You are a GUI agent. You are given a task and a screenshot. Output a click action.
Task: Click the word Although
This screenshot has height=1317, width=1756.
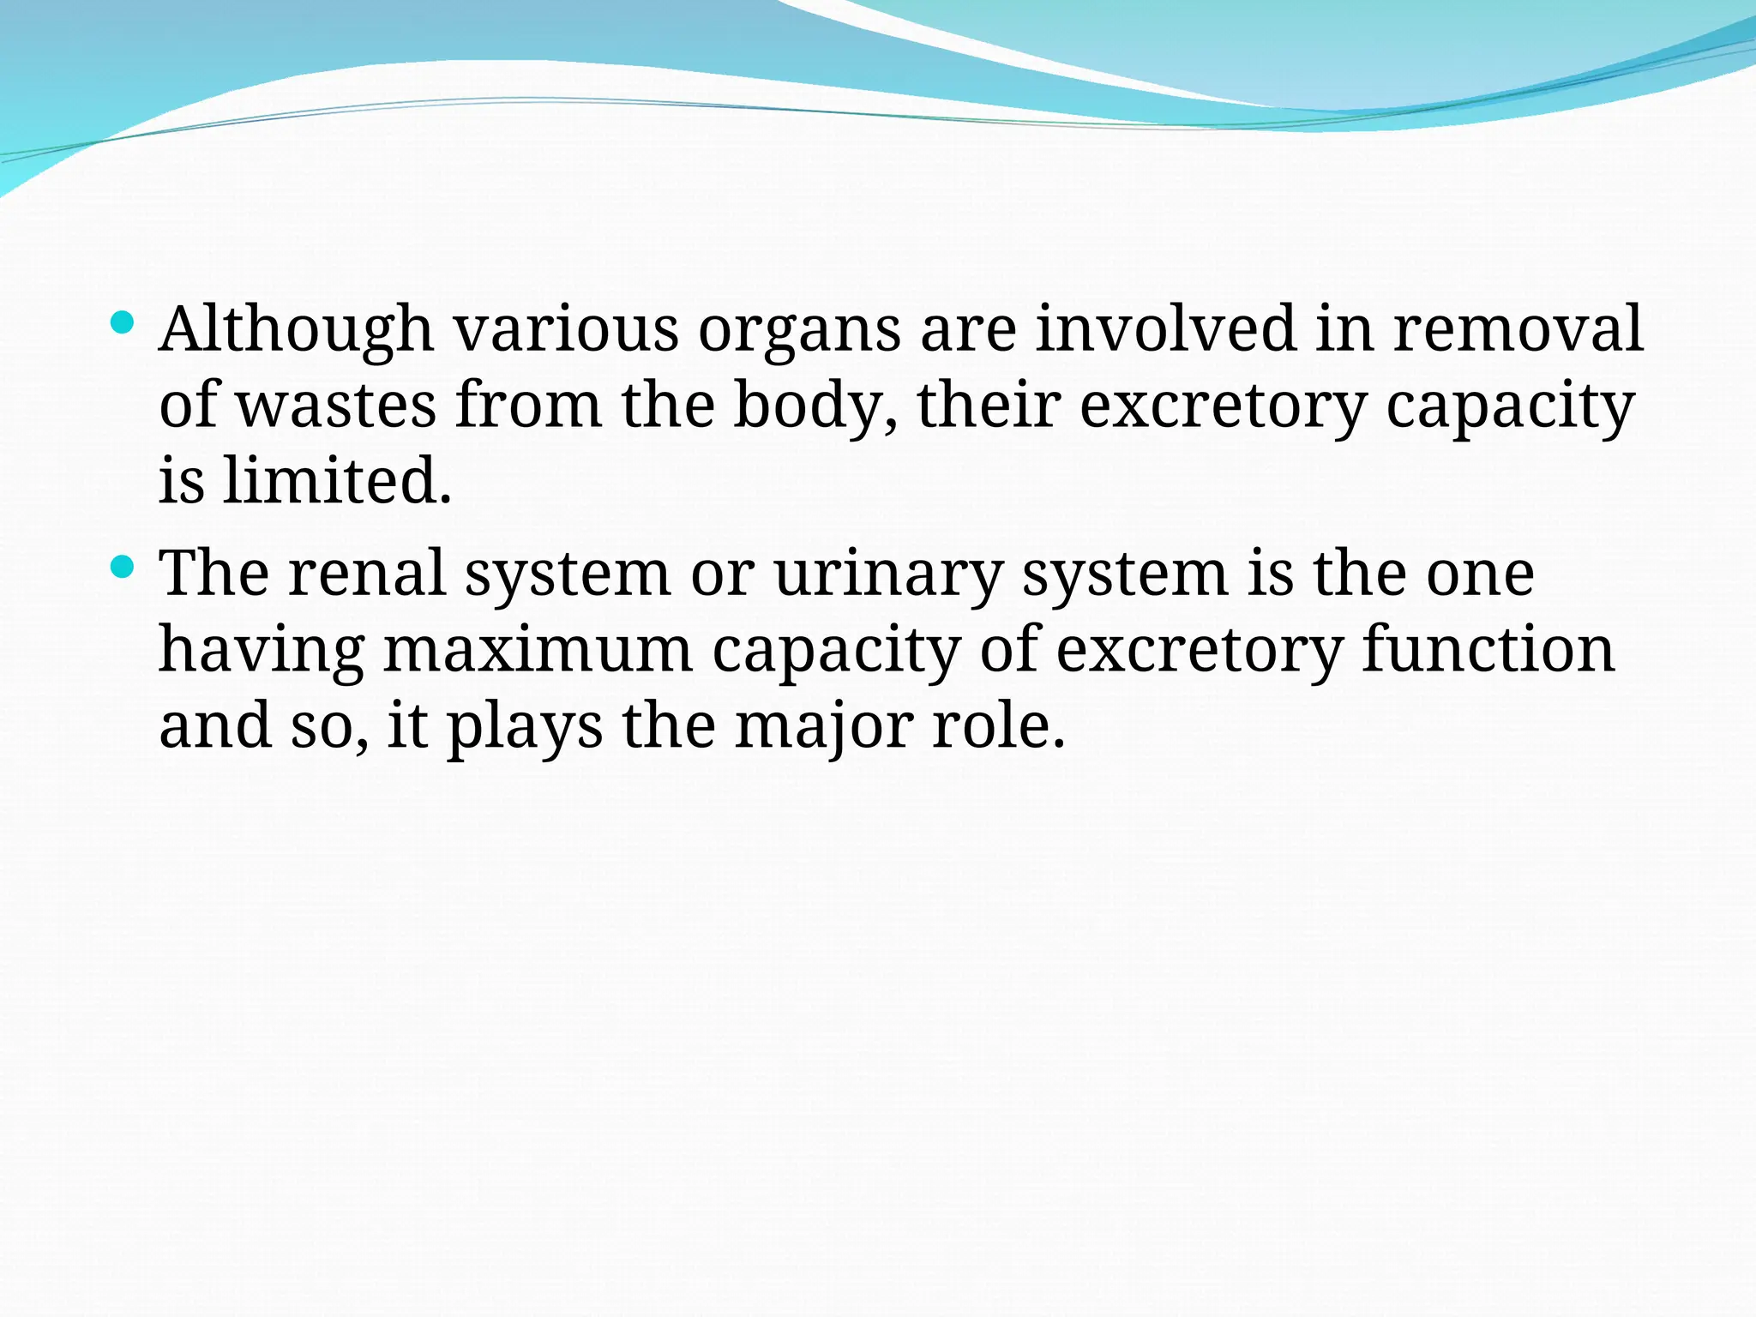click(x=296, y=329)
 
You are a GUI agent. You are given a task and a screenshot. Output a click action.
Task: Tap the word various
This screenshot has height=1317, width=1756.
click(x=566, y=329)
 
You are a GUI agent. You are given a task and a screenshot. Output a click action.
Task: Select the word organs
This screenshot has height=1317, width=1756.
click(x=799, y=331)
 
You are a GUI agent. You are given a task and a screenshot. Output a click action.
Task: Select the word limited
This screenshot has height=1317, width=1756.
click(x=336, y=480)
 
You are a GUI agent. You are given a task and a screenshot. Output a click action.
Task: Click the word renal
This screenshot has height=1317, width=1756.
click(x=367, y=573)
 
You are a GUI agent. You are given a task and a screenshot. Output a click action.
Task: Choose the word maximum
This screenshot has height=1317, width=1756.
click(x=538, y=650)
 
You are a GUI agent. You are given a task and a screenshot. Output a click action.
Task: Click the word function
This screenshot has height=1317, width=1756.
click(x=1488, y=648)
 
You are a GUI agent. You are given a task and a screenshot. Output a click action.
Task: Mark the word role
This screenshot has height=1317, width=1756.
click(x=998, y=725)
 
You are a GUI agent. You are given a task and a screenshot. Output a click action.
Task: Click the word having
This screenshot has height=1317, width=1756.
click(x=262, y=650)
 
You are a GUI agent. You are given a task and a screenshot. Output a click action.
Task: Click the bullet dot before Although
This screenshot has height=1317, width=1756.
click(x=123, y=322)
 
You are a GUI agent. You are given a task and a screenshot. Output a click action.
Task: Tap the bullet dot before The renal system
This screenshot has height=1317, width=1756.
click(x=123, y=567)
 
